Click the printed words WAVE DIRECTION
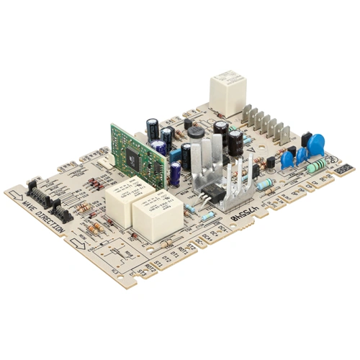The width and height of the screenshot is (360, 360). coord(44,214)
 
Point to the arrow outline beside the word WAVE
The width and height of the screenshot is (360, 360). coord(19,192)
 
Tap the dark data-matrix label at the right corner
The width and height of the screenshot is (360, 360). coord(343,171)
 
